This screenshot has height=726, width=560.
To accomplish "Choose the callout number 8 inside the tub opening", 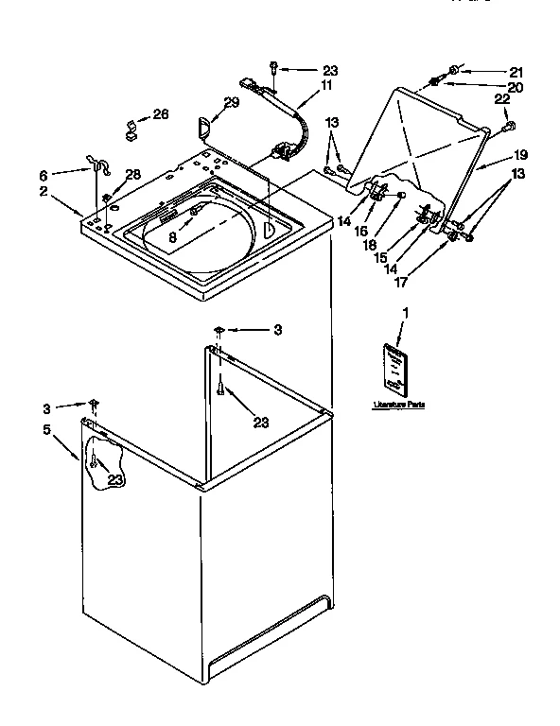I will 173,237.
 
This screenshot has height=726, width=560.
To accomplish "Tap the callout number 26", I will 161,114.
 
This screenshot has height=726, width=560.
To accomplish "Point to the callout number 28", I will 133,174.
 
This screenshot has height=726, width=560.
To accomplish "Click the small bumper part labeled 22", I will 510,125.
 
